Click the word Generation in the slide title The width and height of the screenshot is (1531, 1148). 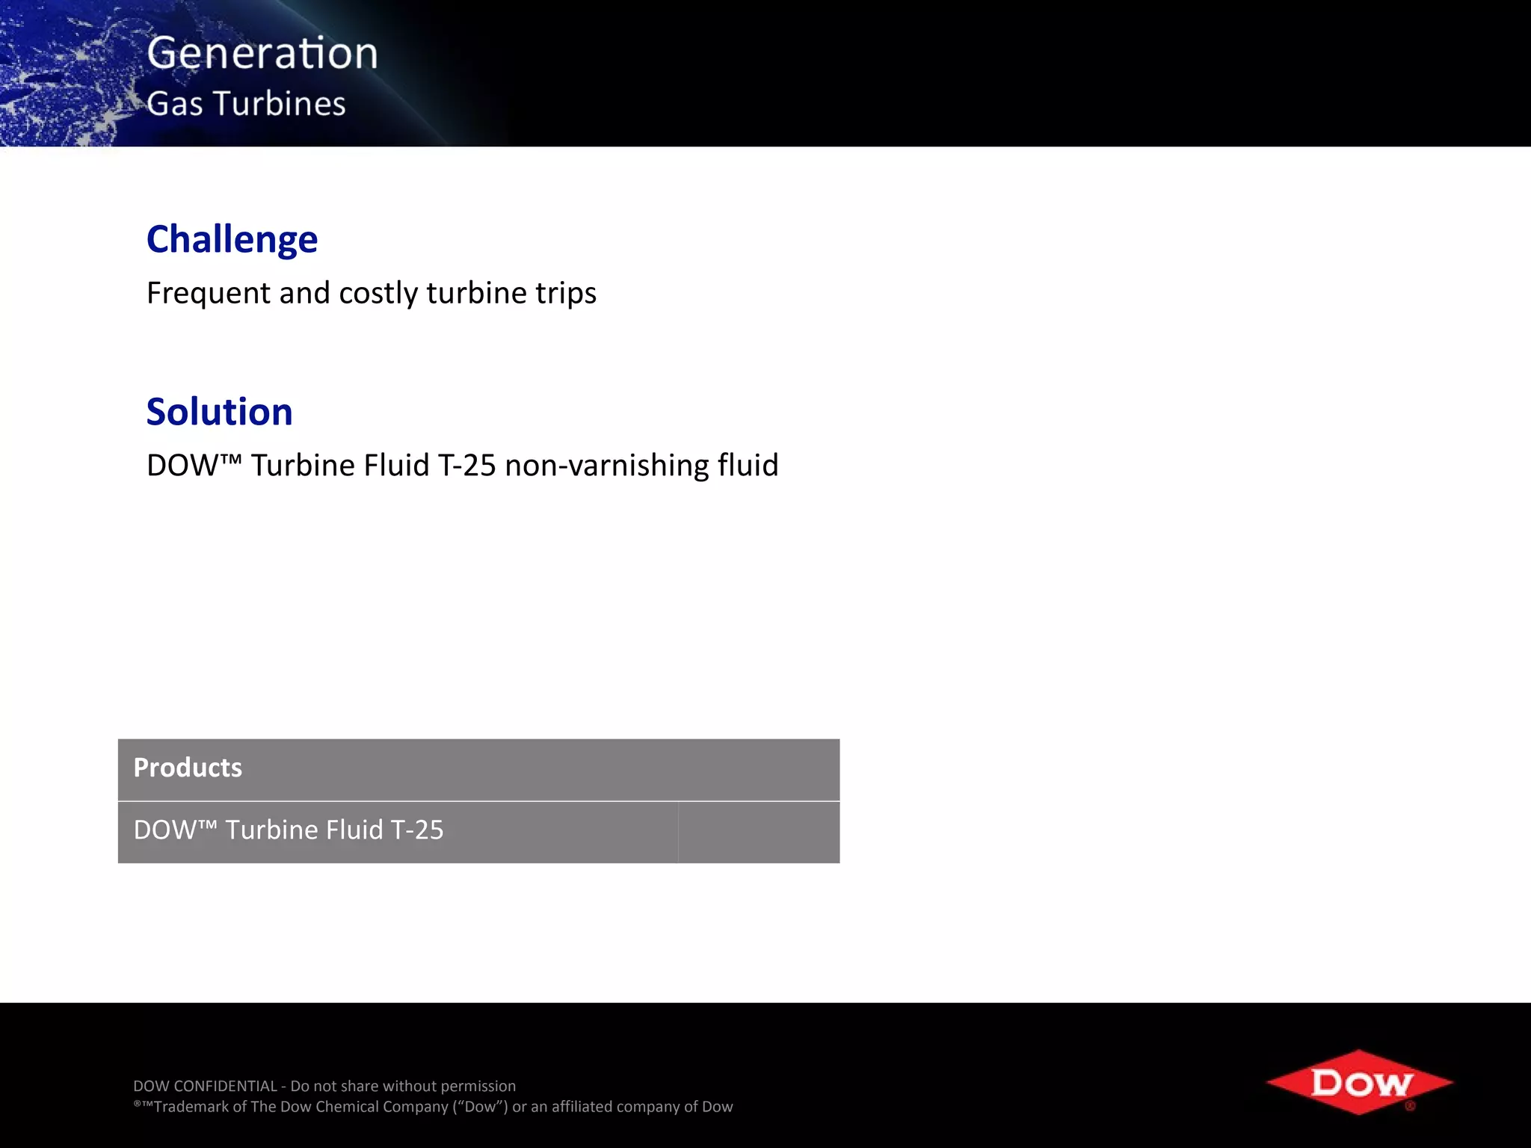coord(262,53)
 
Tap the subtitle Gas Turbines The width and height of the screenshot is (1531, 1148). coord(246,103)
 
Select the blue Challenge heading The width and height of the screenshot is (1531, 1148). coord(232,239)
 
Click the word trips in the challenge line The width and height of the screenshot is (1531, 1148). coord(565,293)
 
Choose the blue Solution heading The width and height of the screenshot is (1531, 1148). coord(219,412)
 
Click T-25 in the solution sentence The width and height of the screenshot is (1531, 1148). coord(466,465)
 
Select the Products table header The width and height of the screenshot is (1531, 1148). coord(478,769)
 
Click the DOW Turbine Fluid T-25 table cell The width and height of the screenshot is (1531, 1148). coord(289,830)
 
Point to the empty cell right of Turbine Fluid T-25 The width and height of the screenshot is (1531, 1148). coord(759,832)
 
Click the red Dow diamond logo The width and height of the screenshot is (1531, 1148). coord(1360,1082)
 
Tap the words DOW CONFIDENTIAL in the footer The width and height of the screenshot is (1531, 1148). coord(205,1086)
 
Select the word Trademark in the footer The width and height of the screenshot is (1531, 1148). coord(191,1107)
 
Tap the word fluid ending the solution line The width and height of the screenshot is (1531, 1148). coord(748,465)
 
